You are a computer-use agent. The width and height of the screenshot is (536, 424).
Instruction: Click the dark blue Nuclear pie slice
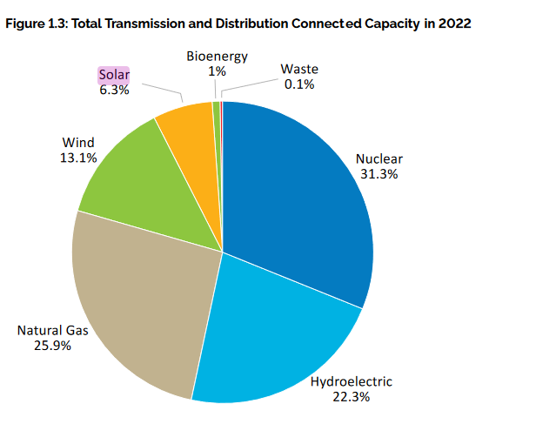point(300,192)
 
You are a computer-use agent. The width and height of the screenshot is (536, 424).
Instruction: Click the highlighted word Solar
point(113,75)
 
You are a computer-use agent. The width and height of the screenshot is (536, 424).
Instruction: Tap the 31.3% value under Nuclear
point(379,174)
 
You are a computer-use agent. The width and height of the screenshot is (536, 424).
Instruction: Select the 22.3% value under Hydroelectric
point(352,397)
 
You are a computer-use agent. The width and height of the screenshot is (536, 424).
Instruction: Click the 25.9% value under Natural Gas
point(53,345)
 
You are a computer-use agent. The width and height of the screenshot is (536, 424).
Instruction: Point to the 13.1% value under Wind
point(78,158)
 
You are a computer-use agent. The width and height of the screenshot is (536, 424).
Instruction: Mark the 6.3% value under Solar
point(113,90)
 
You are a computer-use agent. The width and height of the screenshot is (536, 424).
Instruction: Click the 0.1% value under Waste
point(299,84)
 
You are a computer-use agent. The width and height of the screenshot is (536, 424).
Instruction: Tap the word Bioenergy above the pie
point(217,57)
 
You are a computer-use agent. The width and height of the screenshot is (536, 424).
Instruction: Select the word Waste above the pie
point(299,70)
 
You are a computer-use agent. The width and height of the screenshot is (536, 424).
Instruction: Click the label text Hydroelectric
point(352,381)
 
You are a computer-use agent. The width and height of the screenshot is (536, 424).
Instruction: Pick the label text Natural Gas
point(53,330)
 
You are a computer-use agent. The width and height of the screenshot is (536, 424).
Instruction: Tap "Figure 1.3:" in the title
point(36,24)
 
